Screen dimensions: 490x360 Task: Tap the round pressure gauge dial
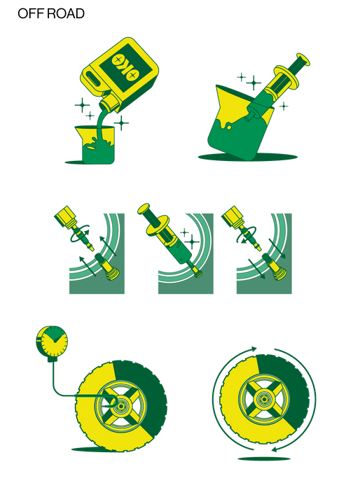(51, 341)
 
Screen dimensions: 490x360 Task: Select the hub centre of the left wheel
(119, 405)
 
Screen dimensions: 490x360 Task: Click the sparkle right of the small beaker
(123, 124)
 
